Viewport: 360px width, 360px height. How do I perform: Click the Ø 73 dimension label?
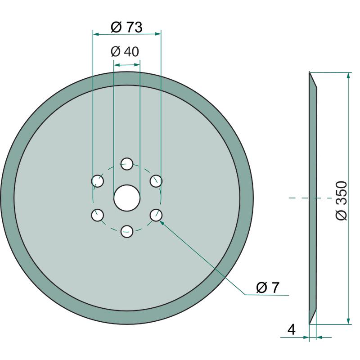126,27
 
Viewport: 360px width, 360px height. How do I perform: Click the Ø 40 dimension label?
125,51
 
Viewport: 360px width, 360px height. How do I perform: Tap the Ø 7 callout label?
267,287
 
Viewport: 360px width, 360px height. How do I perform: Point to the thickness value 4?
291,329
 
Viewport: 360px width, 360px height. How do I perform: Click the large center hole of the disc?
127,198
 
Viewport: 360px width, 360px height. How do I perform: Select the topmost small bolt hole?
127,164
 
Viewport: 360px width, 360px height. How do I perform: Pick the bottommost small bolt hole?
127,231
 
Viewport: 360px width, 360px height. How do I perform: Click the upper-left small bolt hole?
97,181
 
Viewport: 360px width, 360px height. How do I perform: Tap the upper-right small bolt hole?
156,181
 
